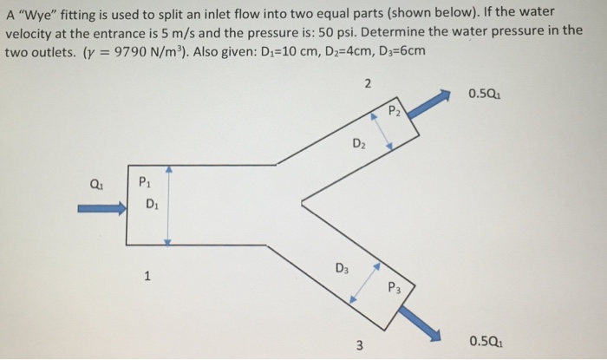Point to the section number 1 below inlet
148,277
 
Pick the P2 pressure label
395,110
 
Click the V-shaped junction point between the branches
302,204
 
